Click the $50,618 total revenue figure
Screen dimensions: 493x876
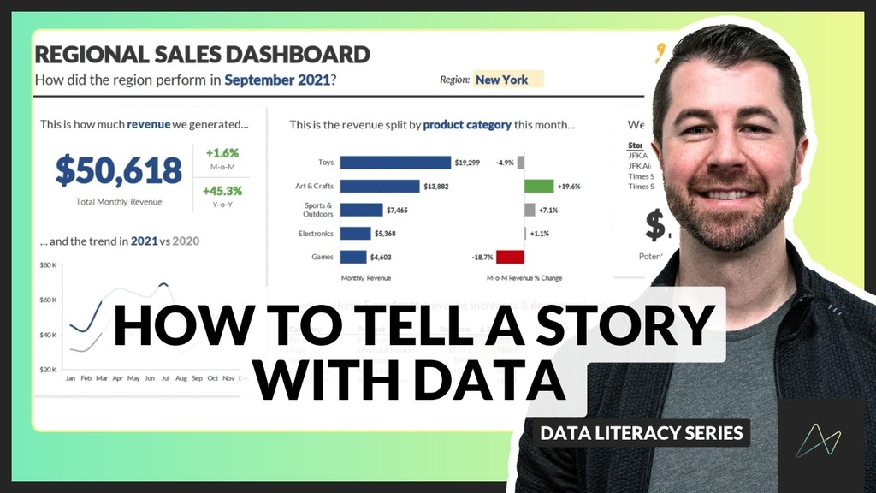[x=119, y=170]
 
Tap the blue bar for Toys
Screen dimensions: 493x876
[x=395, y=163]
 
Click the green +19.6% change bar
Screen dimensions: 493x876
[x=539, y=186]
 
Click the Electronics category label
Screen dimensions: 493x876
[x=316, y=233]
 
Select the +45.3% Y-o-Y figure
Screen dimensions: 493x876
[x=222, y=191]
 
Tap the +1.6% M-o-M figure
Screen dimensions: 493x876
[x=222, y=153]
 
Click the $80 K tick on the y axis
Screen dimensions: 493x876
[x=49, y=265]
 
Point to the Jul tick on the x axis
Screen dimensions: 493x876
[x=165, y=377]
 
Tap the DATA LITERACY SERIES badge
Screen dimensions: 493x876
[x=642, y=432]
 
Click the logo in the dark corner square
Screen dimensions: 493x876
[x=819, y=441]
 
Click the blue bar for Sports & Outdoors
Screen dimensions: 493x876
[x=361, y=210]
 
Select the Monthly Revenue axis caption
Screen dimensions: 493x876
[x=364, y=278]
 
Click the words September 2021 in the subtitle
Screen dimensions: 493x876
[x=277, y=80]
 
